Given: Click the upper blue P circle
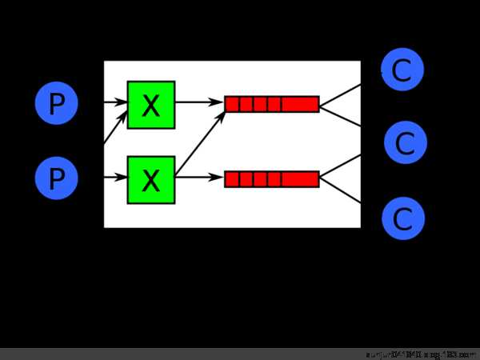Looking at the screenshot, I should click(x=56, y=104).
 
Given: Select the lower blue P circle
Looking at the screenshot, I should click(x=56, y=178).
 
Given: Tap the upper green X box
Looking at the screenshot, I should click(x=151, y=104).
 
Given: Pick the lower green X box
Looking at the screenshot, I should click(x=151, y=179).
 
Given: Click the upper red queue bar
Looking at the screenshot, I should click(x=272, y=104).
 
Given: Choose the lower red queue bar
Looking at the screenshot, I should click(x=272, y=179).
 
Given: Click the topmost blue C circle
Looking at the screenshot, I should click(x=402, y=70).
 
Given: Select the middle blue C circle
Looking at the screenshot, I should click(x=405, y=143).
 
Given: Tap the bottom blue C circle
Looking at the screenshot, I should click(x=402, y=218).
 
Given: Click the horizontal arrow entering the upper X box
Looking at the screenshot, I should click(x=115, y=103).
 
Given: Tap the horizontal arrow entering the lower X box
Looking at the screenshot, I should click(x=115, y=178).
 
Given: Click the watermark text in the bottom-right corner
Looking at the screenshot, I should click(x=420, y=354).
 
